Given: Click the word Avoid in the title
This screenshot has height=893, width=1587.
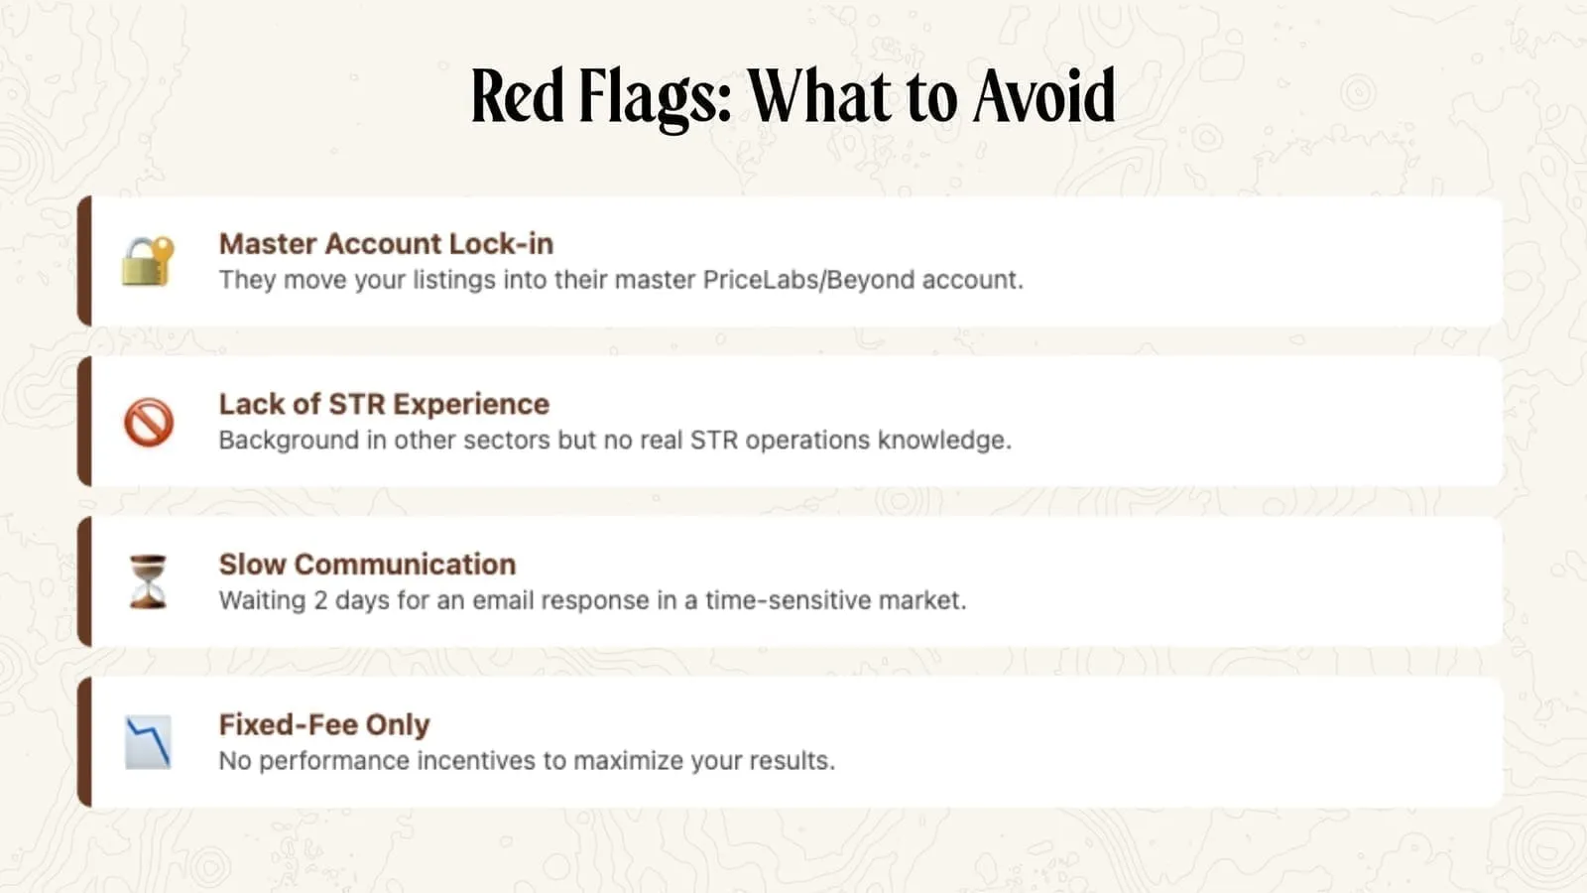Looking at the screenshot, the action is click(1044, 96).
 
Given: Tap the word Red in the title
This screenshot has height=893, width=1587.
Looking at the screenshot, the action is click(517, 95).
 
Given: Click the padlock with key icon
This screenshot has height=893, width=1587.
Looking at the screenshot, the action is click(148, 262).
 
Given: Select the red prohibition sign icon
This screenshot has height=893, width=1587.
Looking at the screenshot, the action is click(149, 423).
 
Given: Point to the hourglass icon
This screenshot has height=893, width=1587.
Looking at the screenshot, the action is click(148, 581).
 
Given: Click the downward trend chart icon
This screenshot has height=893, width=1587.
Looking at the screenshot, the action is click(148, 742).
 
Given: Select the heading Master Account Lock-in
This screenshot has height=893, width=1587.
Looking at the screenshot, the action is click(386, 244).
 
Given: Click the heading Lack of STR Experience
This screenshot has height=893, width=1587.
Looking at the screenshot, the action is click(384, 404).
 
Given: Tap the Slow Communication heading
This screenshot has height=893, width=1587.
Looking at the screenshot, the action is click(368, 565).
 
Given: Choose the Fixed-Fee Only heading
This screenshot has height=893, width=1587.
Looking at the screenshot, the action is click(324, 725).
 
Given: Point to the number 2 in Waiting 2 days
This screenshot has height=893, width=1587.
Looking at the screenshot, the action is click(320, 601).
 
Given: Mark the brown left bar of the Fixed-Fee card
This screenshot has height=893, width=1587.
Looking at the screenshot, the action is click(84, 742).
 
